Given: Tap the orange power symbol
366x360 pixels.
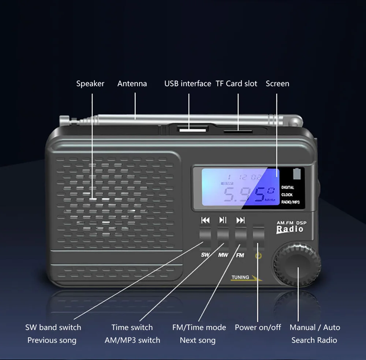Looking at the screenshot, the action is pos(258,256).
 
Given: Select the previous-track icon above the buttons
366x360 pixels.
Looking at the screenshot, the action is pos(206,220).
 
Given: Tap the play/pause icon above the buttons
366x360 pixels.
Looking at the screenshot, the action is pos(223,220).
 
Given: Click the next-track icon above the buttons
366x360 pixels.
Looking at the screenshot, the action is pos(240,220).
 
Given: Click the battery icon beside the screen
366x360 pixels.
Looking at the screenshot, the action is pos(297,173).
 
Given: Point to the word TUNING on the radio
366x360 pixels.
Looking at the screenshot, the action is pos(240,277).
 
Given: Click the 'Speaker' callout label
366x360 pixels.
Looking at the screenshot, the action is pos(90,84).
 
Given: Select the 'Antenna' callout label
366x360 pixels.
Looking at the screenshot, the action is pos(132,84).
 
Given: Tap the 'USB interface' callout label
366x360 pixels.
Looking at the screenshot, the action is pos(188,84).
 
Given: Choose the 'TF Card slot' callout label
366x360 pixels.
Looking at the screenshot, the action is pos(236,84).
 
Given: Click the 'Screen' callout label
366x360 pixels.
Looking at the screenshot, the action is pos(277,84).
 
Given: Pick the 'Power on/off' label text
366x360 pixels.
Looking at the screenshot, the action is pos(258,327).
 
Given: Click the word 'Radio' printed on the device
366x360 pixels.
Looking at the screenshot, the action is pos(290,229).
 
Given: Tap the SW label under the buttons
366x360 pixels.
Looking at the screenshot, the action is pos(205,255).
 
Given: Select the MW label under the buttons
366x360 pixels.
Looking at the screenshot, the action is pos(223,255).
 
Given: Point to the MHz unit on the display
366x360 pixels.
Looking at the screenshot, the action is pos(270,200).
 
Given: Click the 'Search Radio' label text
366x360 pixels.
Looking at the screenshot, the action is pos(314,340).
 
